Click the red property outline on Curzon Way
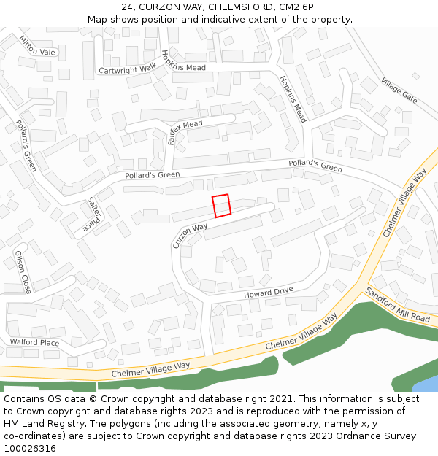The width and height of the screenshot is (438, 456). pyautogui.click(x=221, y=206)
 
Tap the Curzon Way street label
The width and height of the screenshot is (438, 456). pyautogui.click(x=190, y=236)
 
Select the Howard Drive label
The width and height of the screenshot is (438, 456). pyautogui.click(x=268, y=293)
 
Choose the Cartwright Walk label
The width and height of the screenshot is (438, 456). pyautogui.click(x=127, y=69)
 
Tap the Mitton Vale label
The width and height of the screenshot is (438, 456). pyautogui.click(x=37, y=46)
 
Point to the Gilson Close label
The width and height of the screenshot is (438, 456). pyautogui.click(x=23, y=271)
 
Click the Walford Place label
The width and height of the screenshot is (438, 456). pyautogui.click(x=34, y=342)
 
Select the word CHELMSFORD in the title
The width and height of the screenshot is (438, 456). pyautogui.click(x=235, y=7)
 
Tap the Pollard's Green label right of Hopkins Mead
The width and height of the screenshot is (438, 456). pyautogui.click(x=315, y=166)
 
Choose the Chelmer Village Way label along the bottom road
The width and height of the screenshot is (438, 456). pyautogui.click(x=150, y=370)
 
